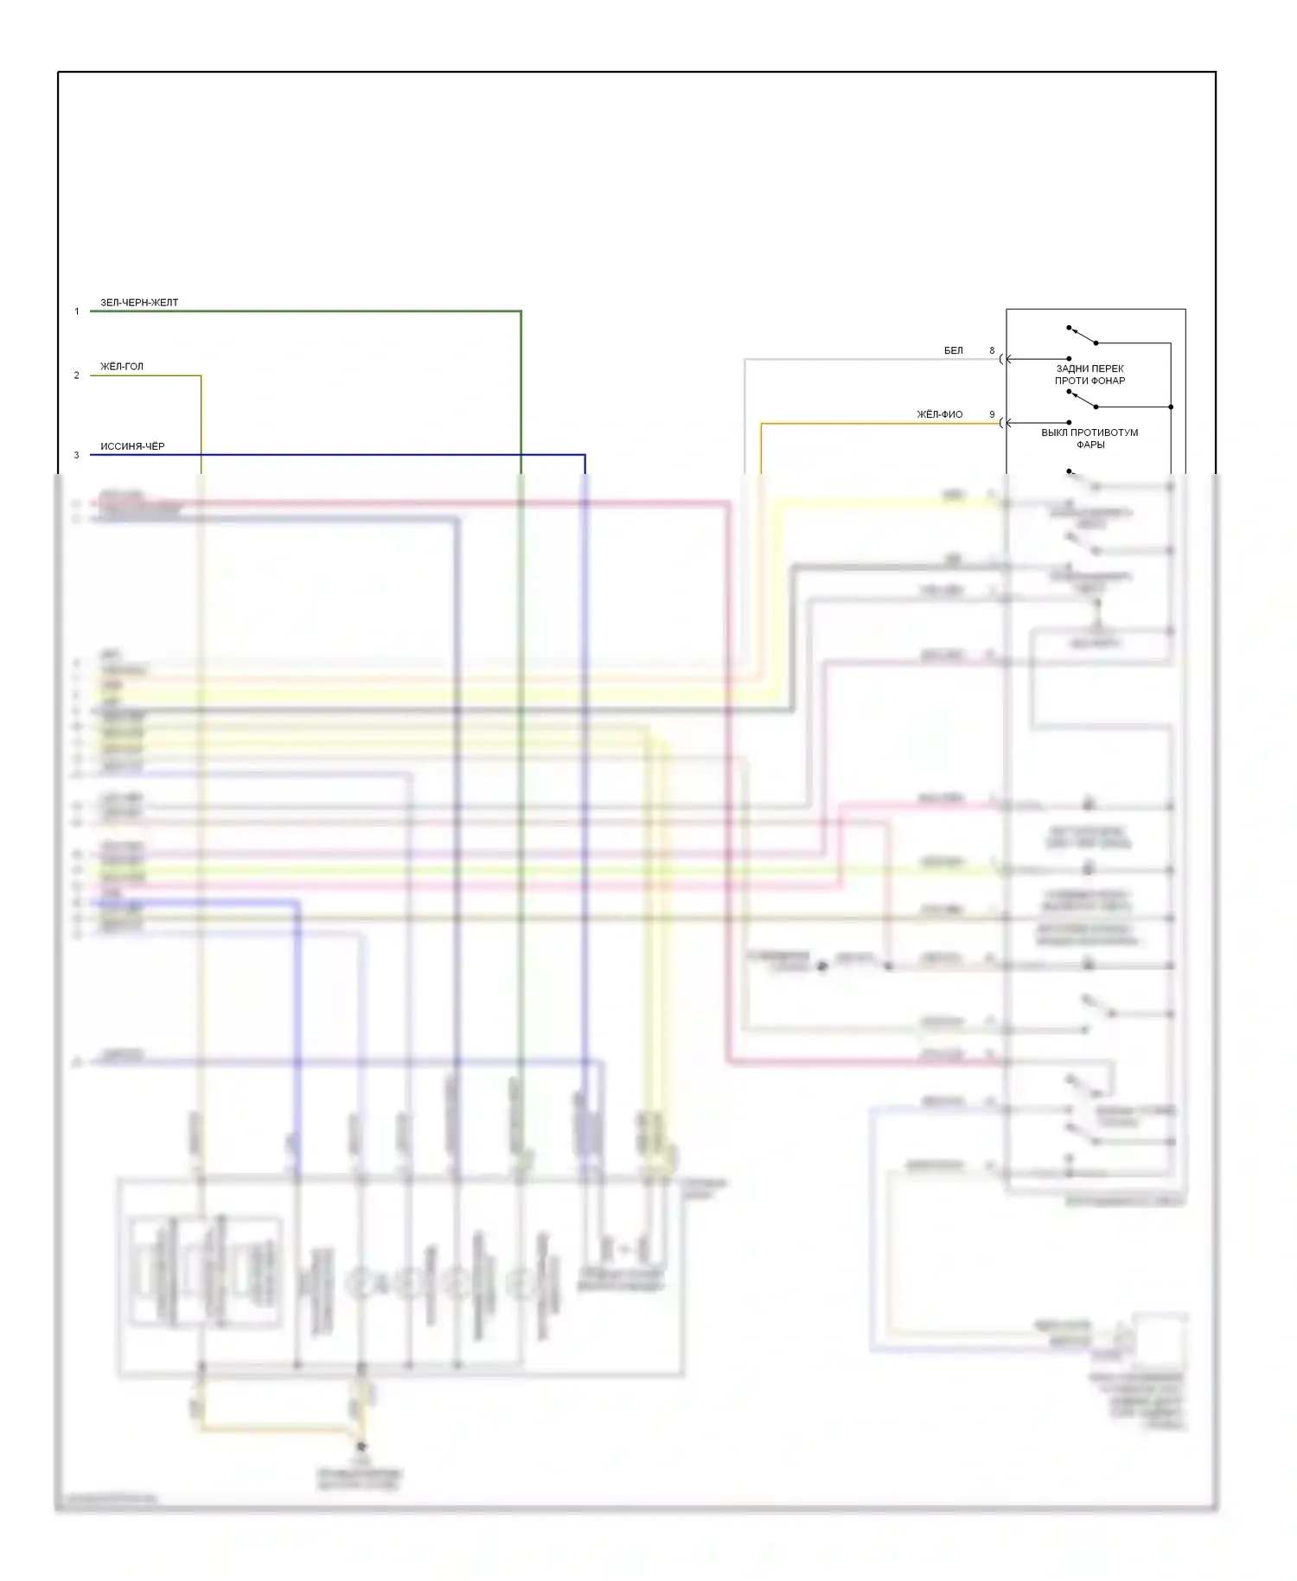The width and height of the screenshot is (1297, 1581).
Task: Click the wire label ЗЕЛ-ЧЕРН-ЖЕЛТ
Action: point(139,303)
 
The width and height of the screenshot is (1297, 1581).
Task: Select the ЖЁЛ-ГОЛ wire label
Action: point(122,367)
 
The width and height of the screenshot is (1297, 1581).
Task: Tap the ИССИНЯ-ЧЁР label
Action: point(132,446)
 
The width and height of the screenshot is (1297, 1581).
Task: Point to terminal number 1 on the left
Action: point(76,311)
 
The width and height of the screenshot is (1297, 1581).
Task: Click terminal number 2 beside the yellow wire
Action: point(76,375)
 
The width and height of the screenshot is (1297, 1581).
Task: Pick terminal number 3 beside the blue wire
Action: point(76,455)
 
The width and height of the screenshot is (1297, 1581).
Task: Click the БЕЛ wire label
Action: point(953,350)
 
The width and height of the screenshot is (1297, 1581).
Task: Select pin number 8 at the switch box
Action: point(992,350)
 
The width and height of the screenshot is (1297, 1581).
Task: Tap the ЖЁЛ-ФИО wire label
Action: point(940,414)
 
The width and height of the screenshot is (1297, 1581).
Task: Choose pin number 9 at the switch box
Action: point(992,414)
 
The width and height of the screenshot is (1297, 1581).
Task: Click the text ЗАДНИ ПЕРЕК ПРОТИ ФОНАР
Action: point(1089,374)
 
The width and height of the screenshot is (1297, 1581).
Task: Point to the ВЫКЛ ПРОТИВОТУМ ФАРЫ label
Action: point(1089,438)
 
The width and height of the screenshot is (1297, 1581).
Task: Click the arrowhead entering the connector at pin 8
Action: point(1009,359)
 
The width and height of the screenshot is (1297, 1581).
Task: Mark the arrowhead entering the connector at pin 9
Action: point(1009,423)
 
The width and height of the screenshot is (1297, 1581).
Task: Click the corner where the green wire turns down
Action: point(521,311)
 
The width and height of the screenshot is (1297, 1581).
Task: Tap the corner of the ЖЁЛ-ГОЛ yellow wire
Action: point(201,375)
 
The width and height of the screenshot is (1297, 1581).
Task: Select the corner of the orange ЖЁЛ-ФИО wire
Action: point(761,423)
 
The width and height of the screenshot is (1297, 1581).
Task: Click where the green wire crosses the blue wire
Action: point(521,455)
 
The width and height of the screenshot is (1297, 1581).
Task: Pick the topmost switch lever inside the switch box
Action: point(1083,335)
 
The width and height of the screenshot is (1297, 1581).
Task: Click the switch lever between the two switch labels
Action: point(1083,399)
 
